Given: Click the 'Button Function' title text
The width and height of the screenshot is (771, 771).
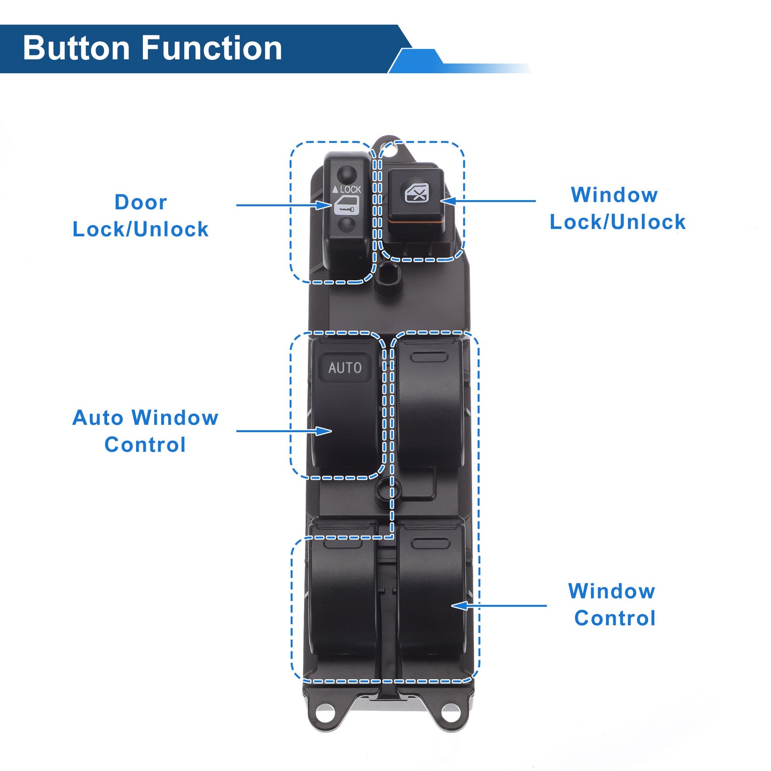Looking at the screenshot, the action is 153,49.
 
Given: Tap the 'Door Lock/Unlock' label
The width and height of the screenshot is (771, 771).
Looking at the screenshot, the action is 140,216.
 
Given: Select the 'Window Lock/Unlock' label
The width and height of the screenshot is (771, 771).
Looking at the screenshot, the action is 617,209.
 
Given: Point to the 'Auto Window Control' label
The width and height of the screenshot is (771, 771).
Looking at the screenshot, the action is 145,431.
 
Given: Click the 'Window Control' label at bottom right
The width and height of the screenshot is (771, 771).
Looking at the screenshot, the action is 612,605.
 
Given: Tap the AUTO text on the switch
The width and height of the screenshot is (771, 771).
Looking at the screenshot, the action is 345,368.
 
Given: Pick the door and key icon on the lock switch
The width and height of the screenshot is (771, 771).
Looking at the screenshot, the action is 346,206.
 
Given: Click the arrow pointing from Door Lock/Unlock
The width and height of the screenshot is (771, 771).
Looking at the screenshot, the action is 284,205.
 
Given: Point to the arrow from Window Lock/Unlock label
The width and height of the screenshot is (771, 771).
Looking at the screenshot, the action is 488,201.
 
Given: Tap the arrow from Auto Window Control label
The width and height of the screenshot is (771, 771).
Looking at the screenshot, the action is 284,431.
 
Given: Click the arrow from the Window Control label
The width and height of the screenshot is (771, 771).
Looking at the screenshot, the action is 499,606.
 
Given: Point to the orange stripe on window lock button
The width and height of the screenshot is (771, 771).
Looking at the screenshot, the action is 416,220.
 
